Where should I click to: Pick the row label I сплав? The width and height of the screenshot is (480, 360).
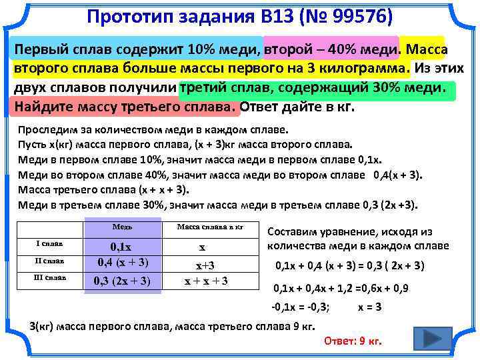coord(50,244)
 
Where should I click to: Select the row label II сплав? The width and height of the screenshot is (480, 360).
coord(50,261)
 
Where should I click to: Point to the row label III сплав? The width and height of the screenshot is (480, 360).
coord(50,277)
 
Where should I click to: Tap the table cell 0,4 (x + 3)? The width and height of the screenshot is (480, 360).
coord(123,262)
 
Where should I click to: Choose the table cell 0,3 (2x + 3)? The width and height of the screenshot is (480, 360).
coord(123,280)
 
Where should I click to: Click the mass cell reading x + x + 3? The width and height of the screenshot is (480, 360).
coord(206,281)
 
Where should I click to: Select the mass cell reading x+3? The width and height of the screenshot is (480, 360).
coord(203,264)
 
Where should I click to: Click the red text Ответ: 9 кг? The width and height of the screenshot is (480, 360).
coord(352,341)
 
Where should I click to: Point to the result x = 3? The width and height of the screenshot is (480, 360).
coord(370,307)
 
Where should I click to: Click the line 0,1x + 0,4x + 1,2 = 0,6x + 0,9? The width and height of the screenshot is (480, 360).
coord(342,288)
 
